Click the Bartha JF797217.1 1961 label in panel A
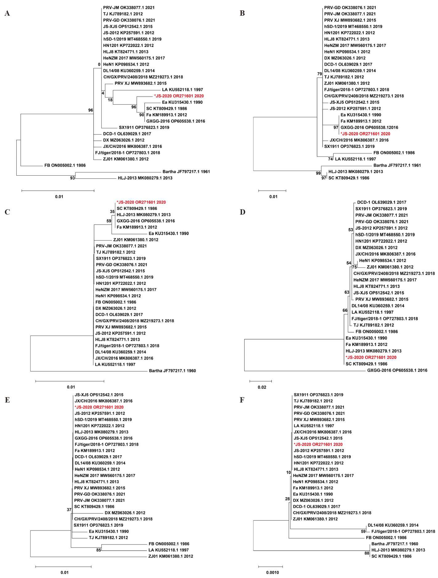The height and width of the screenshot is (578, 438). pos(186,172)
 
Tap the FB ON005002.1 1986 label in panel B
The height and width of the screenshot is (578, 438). pos(394,153)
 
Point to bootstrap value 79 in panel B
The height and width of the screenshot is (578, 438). pos(320,74)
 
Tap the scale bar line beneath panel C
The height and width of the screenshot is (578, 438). pos(70,381)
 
